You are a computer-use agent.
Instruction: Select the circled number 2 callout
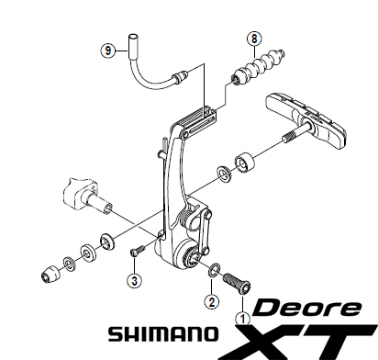click(211, 300)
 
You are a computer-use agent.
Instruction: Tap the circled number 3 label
click(134, 280)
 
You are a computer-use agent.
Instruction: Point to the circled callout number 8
click(253, 38)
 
